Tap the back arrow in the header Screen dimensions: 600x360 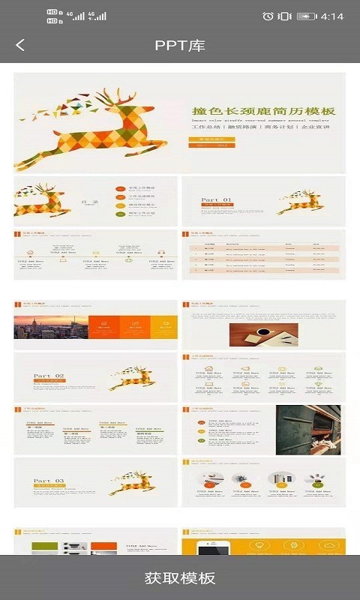(x=20, y=45)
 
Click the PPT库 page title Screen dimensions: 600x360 (x=180, y=45)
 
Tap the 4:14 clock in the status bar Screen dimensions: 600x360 (x=331, y=16)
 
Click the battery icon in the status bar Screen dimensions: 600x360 (x=306, y=16)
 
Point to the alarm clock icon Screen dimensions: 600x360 (x=268, y=16)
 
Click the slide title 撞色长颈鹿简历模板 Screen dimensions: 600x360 (x=262, y=112)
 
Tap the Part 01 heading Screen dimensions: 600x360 (x=217, y=199)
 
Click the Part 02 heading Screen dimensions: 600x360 (x=49, y=375)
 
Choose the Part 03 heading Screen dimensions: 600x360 (x=49, y=480)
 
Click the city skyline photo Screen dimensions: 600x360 (x=50, y=327)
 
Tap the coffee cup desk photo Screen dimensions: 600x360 (x=263, y=334)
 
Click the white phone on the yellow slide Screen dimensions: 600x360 (x=213, y=547)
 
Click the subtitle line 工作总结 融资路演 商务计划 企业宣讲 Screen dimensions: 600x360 (x=262, y=127)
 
